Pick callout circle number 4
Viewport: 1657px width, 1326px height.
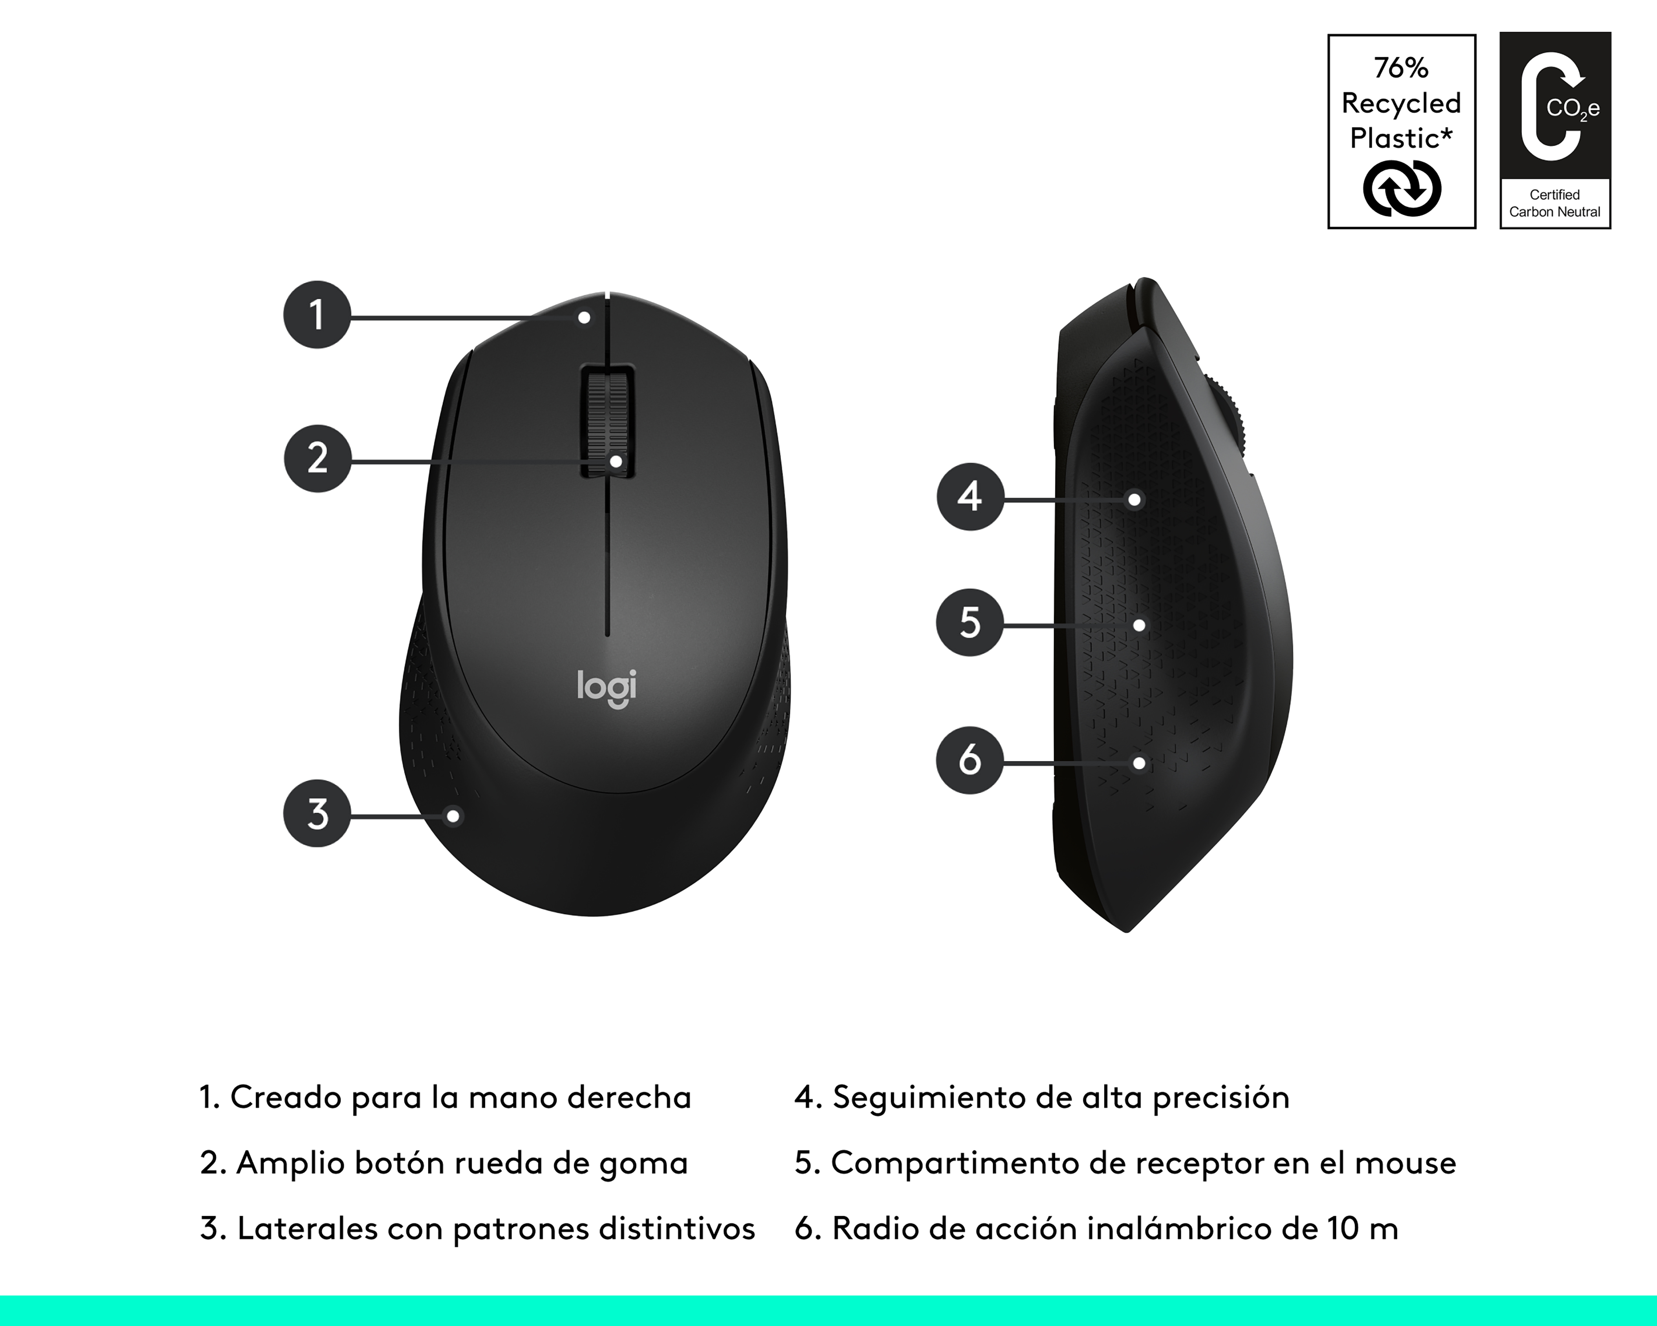970,497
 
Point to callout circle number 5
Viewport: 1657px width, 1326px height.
970,622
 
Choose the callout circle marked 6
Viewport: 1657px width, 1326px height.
970,760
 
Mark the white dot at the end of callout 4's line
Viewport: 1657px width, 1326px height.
1134,500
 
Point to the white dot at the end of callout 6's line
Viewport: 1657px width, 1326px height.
1139,763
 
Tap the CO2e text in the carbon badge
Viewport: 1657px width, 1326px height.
1572,109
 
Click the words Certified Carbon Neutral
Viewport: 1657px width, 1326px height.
1555,204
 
